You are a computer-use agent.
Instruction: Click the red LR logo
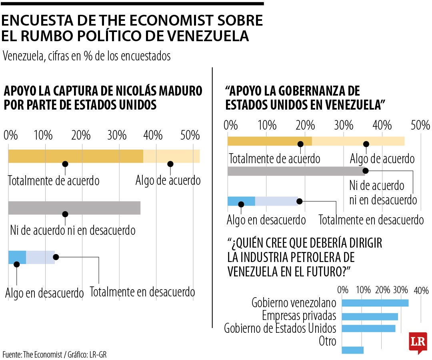tap(418, 342)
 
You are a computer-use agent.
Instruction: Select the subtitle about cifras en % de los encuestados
tap(86, 56)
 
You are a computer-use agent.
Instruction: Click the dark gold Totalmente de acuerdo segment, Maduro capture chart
tap(76, 156)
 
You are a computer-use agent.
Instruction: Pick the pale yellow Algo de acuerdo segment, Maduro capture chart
tap(171, 156)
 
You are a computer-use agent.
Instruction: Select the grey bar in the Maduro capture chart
tap(74, 208)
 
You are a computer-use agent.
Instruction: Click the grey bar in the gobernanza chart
tap(296, 171)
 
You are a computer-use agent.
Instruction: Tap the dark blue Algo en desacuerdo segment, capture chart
tap(17, 257)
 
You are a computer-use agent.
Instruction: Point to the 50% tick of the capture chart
tap(190, 135)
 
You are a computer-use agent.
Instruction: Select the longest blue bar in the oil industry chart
tap(375, 303)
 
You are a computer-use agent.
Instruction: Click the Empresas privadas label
tap(299, 316)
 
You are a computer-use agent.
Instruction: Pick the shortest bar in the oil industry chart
tap(353, 350)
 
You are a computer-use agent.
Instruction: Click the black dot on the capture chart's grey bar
tap(65, 214)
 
